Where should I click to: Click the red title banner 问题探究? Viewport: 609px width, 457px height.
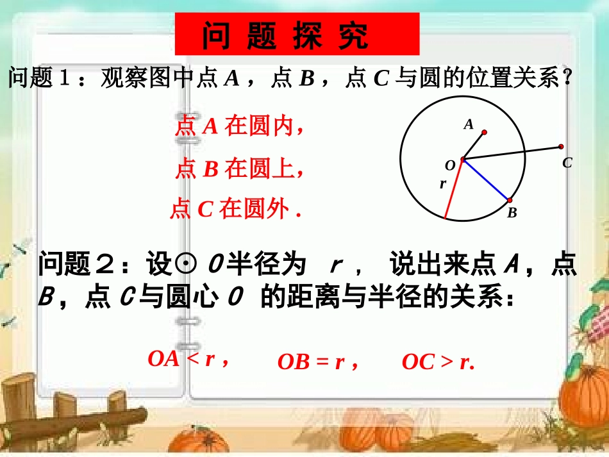pyautogui.click(x=297, y=34)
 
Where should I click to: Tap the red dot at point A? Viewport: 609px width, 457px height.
pyautogui.click(x=484, y=133)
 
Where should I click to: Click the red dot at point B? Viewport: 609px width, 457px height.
pyautogui.click(x=509, y=201)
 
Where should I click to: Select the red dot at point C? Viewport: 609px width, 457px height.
pyautogui.click(x=561, y=147)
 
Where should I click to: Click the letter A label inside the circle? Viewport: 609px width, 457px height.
pyautogui.click(x=469, y=125)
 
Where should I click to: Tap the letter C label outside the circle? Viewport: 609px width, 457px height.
pyautogui.click(x=567, y=163)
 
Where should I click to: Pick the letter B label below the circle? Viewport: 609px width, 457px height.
pyautogui.click(x=512, y=213)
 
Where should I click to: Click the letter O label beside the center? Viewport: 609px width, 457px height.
pyautogui.click(x=450, y=165)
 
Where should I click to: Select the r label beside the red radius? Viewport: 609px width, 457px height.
pyautogui.click(x=442, y=184)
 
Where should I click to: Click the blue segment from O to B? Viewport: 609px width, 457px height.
pyautogui.click(x=487, y=180)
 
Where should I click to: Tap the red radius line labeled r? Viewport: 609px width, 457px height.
pyautogui.click(x=454, y=188)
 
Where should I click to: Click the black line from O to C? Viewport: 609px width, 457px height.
pyautogui.click(x=513, y=153)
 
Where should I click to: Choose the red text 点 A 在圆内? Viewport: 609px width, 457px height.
pyautogui.click(x=238, y=127)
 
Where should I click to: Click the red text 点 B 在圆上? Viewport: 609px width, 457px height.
pyautogui.click(x=238, y=169)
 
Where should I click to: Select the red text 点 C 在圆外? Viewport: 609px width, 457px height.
pyautogui.click(x=235, y=209)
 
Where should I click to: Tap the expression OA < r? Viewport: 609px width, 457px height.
pyautogui.click(x=188, y=359)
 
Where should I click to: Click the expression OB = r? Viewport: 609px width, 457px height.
pyautogui.click(x=317, y=362)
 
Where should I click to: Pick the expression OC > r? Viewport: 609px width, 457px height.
pyautogui.click(x=438, y=362)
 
